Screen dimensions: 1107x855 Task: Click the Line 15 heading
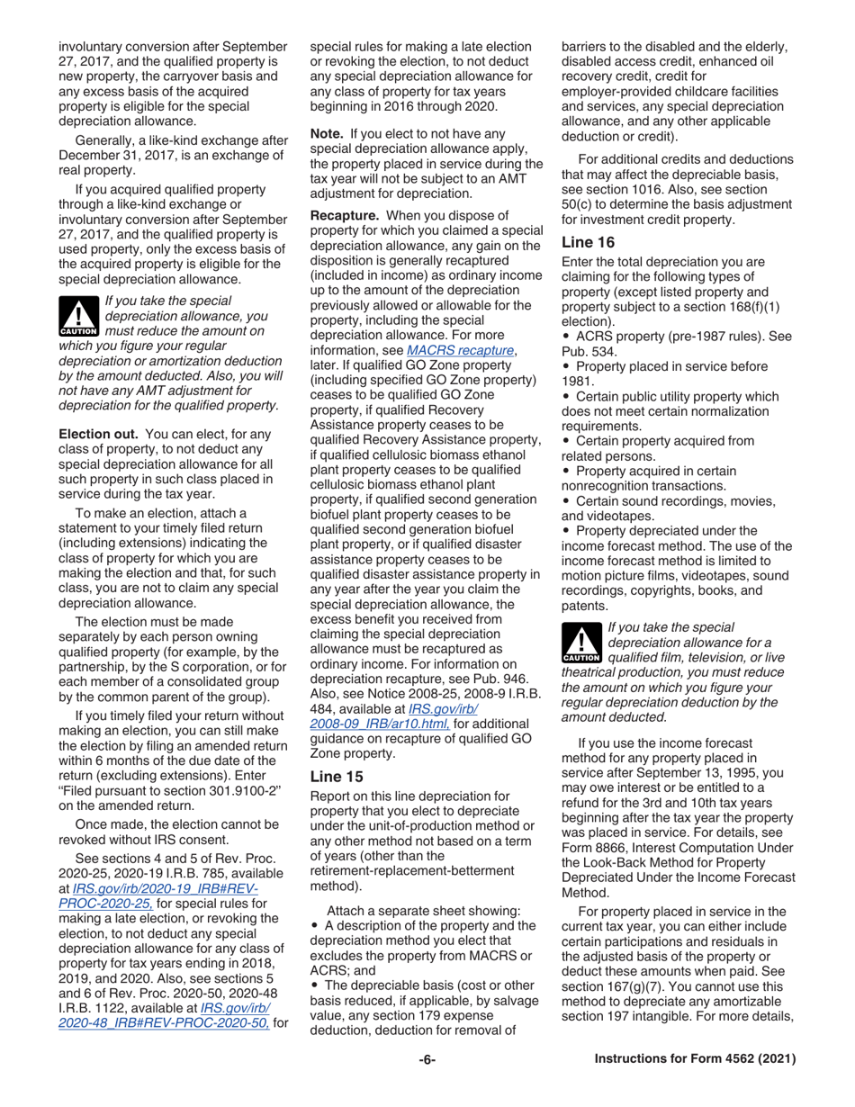coord(335,773)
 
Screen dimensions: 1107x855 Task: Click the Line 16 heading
coord(586,241)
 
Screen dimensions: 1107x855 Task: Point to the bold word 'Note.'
coord(328,133)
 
